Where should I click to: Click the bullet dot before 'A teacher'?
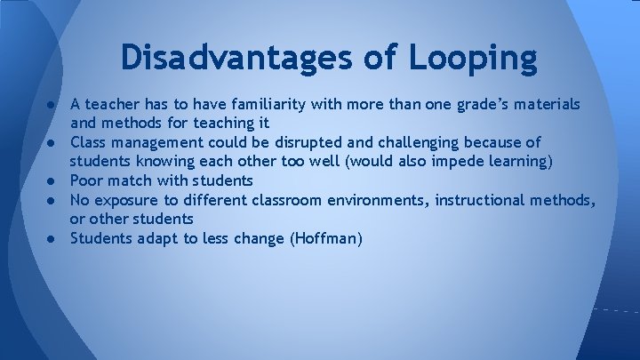53,105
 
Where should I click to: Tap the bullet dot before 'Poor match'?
53,180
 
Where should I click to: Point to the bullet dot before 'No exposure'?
53,199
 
